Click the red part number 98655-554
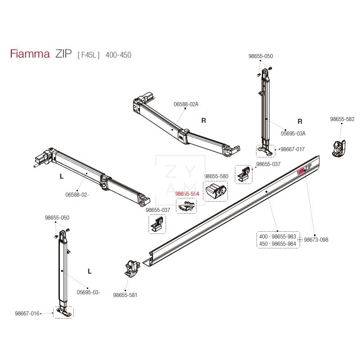tap(187, 193)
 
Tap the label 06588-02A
tap(186, 104)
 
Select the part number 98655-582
tap(342, 119)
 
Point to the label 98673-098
tap(316, 240)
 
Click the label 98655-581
tap(125, 295)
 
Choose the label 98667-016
tap(27, 313)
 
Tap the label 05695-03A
tap(293, 133)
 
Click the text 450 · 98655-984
tap(278, 243)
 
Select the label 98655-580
tap(216, 176)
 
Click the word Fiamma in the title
tap(30, 55)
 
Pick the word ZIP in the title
tap(63, 55)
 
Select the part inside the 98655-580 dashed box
tap(216, 191)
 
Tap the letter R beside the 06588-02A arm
tap(203, 121)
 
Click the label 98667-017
tap(292, 149)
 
